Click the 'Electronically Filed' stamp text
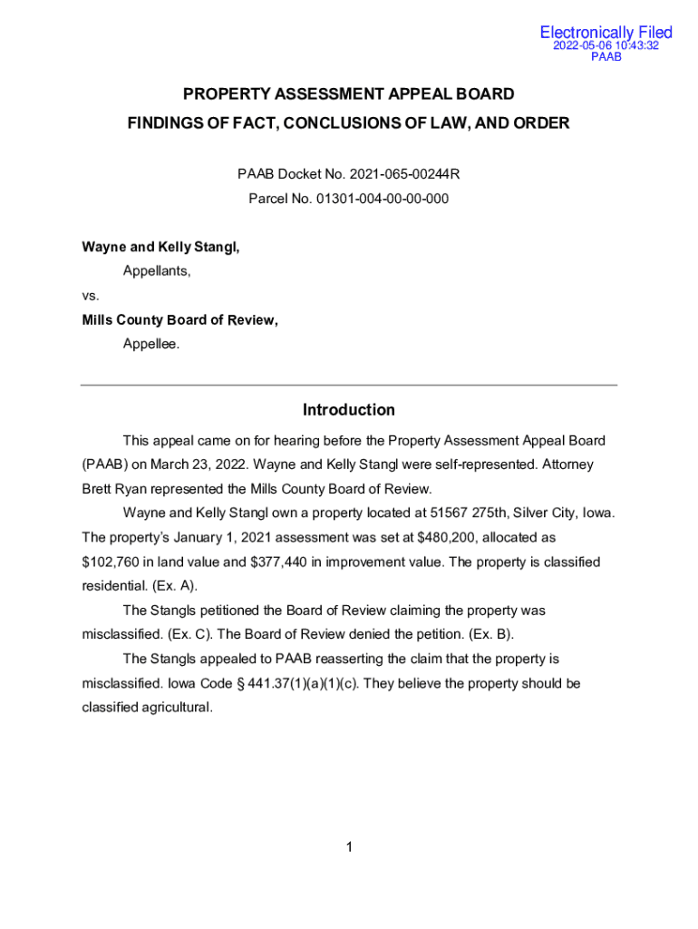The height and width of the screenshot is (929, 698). tap(606, 33)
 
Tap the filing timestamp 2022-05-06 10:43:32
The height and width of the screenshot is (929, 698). tap(606, 45)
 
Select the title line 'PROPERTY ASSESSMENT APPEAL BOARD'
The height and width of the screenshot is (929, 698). tap(349, 94)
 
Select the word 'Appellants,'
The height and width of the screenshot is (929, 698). tap(157, 271)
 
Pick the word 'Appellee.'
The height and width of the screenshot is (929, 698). tap(151, 345)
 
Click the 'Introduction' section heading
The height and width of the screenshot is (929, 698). tap(349, 410)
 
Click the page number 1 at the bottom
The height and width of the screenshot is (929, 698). tap(348, 847)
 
